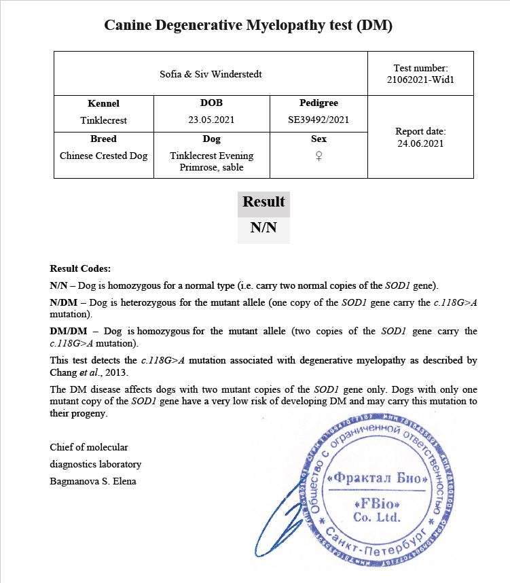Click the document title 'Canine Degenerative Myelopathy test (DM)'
pos(248,26)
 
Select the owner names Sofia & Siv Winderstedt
pos(211,73)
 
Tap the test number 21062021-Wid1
pos(420,79)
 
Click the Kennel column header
pos(103,103)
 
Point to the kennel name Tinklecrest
pos(103,120)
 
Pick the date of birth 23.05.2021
pos(211,120)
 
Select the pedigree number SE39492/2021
pos(318,120)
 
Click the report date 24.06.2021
pos(420,143)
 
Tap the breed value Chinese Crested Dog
pos(103,156)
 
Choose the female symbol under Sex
pos(318,156)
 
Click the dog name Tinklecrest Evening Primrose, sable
pos(211,161)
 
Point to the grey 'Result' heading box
pos(263,202)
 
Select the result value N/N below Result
pos(263,228)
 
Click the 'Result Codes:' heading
pos(80,269)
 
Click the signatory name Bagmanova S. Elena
pos(93,482)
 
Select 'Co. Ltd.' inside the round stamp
pos(377,517)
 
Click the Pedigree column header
pos(318,103)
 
